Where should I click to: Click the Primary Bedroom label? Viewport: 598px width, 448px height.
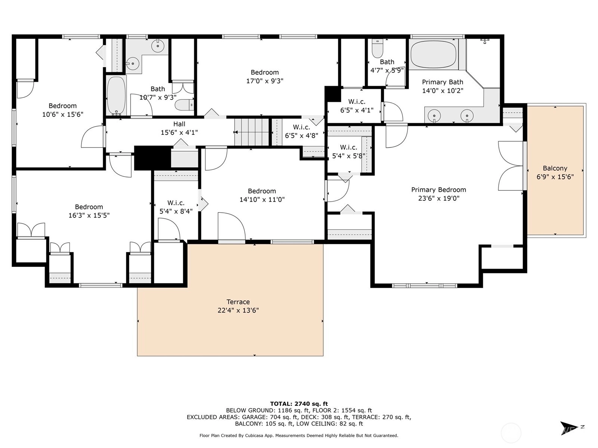(439, 190)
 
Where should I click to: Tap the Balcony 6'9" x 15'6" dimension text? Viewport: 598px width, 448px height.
(555, 177)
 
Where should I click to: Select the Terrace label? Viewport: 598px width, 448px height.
(238, 302)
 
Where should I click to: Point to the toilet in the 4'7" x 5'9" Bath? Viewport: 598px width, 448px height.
(377, 49)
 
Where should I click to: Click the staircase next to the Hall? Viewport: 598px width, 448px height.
(252, 133)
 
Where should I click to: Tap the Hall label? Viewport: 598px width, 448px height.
(179, 124)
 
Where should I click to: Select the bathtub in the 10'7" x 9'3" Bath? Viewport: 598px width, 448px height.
(116, 96)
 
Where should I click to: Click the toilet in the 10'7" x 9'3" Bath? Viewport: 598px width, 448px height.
(184, 105)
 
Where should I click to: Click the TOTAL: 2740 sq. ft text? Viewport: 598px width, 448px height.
(299, 404)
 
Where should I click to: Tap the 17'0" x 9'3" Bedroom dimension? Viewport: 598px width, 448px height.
(265, 81)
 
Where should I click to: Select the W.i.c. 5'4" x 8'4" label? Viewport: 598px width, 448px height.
(176, 207)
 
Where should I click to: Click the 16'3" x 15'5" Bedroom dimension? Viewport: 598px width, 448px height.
(89, 215)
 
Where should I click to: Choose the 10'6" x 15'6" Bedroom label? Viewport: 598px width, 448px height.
(63, 110)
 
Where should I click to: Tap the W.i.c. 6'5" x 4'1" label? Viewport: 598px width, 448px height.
(357, 106)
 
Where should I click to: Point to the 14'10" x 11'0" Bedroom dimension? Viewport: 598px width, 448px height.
(262, 200)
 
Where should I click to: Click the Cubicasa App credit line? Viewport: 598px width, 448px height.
(299, 435)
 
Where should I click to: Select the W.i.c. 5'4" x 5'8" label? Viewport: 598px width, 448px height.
(349, 152)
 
